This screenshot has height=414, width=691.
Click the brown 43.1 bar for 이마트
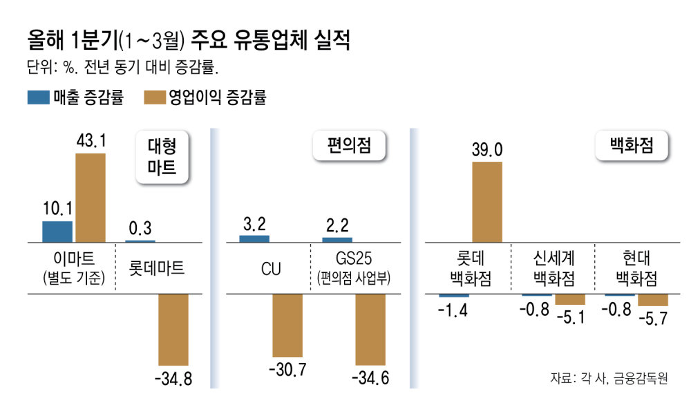click(90, 197)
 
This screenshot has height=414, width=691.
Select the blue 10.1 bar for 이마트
click(57, 231)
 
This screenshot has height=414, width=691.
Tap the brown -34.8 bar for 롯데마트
click(173, 329)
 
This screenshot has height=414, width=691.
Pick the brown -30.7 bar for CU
click(287, 326)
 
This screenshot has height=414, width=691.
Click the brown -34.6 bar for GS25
click(370, 329)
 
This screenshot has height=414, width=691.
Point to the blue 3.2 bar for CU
click(254, 238)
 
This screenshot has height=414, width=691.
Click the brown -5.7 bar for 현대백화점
click(653, 301)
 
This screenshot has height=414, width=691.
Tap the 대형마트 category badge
click(162, 157)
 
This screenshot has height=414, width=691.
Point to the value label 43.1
click(90, 142)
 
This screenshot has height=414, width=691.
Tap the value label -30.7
click(287, 370)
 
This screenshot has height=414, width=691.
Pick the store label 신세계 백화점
click(553, 269)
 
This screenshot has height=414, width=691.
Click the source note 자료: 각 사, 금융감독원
click(609, 378)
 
